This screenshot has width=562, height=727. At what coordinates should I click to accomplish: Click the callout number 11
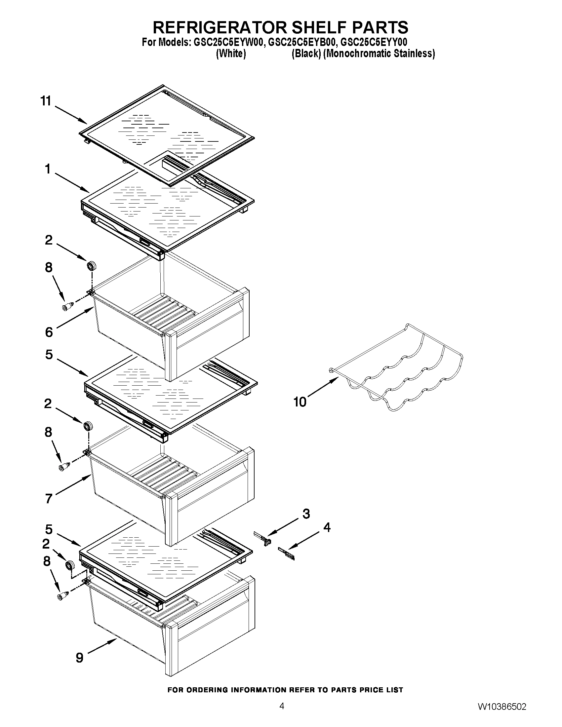coord(46,100)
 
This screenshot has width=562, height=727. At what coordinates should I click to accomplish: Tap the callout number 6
coord(49,332)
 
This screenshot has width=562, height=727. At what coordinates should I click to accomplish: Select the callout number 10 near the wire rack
coord(300,402)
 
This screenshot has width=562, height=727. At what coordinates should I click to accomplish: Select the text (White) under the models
coord(231,54)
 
